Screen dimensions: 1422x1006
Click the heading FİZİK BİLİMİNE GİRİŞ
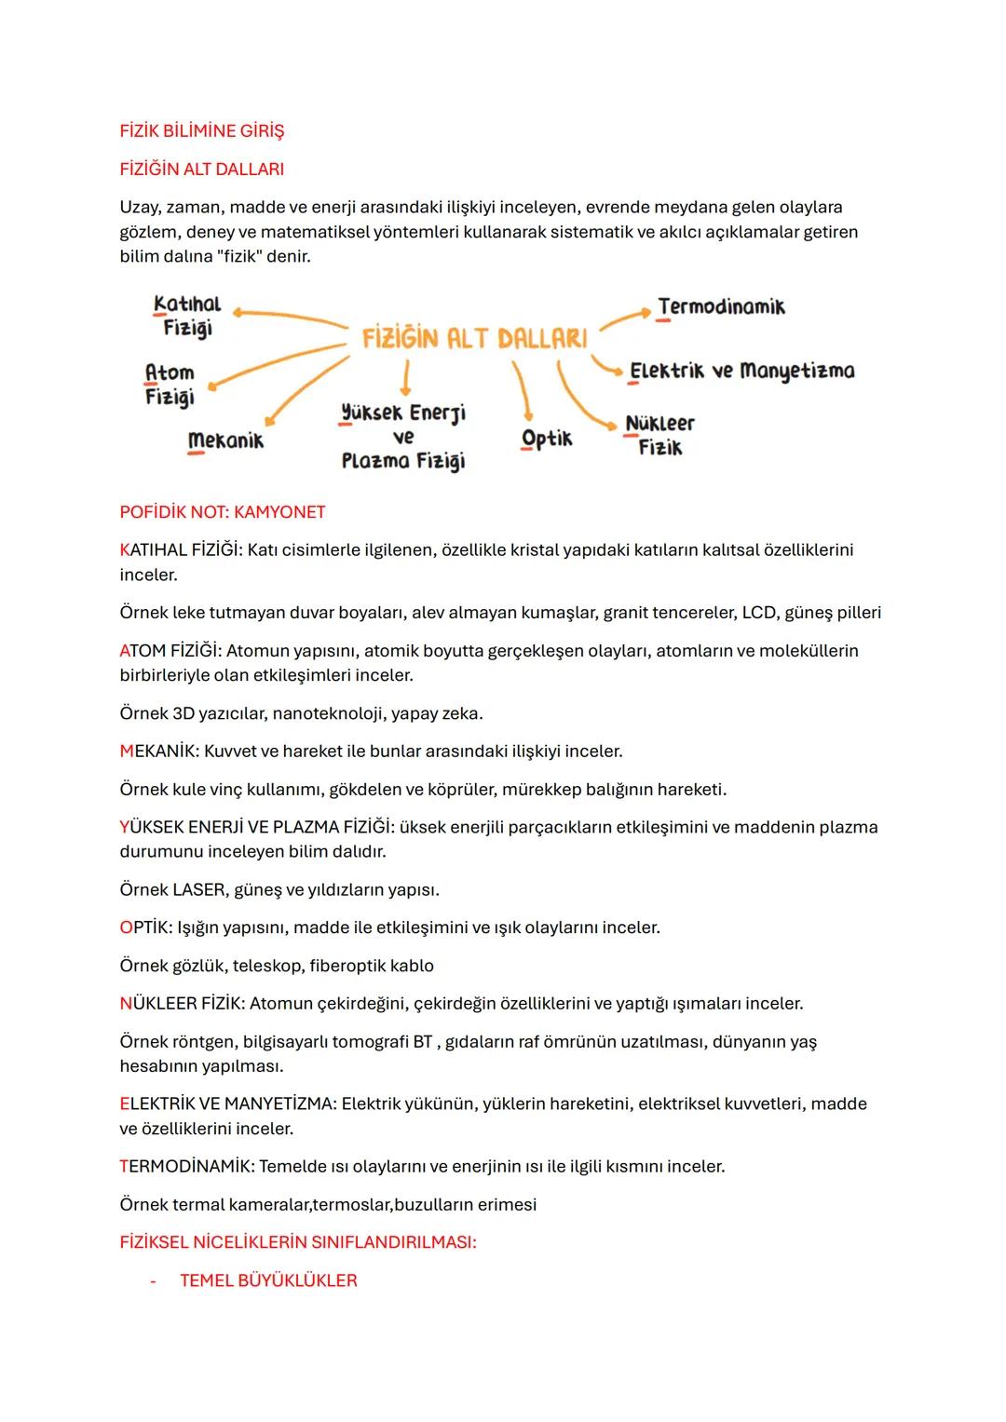click(202, 131)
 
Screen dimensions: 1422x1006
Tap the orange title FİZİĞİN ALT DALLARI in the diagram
click(475, 338)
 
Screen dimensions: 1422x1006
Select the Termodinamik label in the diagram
click(721, 307)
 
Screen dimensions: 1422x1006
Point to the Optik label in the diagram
click(547, 439)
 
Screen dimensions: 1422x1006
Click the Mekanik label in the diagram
click(225, 440)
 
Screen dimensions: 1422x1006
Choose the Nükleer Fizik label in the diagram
click(659, 435)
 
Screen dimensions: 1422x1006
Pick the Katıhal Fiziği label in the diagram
click(187, 316)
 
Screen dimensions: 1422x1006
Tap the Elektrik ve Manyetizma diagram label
click(741, 371)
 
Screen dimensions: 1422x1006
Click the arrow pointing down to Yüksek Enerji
click(405, 380)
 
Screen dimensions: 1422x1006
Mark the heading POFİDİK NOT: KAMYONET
click(223, 512)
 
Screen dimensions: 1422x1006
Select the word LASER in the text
click(199, 889)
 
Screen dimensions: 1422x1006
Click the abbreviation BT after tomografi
click(423, 1041)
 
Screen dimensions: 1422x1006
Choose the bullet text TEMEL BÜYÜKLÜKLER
click(268, 1280)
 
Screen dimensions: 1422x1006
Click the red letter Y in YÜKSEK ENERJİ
click(125, 827)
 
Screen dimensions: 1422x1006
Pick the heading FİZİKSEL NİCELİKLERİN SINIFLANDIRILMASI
click(298, 1242)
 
